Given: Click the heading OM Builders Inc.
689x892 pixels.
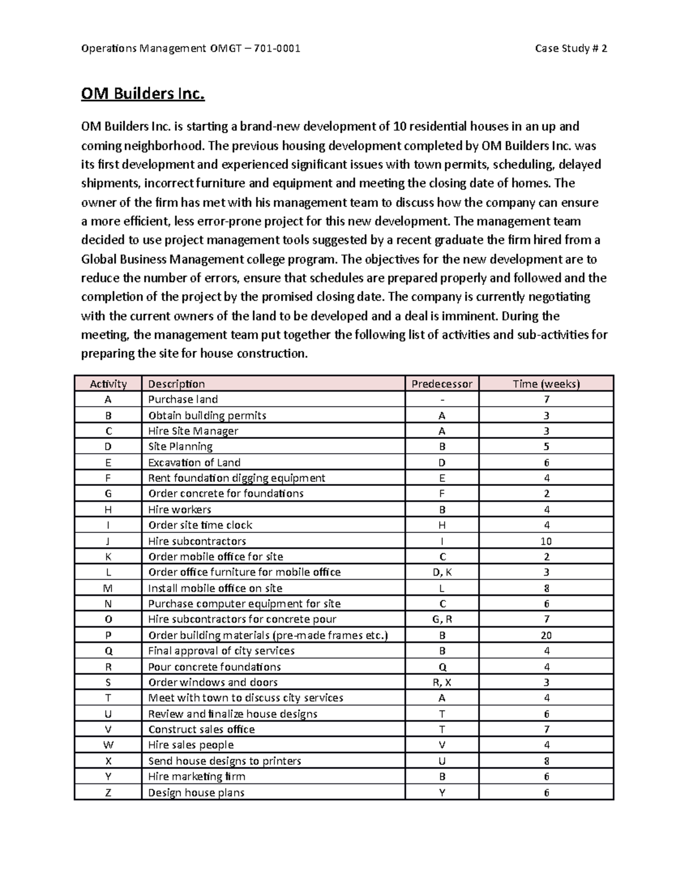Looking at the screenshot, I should pos(142,94).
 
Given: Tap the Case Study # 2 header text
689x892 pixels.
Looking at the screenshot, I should pos(571,48).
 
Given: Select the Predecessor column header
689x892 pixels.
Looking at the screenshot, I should pos(442,384).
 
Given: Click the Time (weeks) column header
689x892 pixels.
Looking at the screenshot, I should pos(546,384).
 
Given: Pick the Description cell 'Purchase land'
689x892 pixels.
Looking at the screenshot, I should pos(183,399).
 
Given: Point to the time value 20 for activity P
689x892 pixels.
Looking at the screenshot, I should pos(546,635).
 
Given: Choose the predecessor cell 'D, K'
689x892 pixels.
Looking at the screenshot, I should pos(442,572).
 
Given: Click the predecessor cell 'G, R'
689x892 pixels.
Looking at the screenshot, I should pos(442,619).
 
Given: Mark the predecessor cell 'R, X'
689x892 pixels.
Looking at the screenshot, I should pos(442,682).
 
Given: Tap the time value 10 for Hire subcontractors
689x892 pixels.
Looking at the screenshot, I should pos(546,541).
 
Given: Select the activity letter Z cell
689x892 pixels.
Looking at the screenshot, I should pos(108,793).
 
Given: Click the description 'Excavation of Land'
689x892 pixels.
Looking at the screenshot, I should pos(194,462).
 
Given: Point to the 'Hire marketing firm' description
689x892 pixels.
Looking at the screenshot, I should pos(196,777).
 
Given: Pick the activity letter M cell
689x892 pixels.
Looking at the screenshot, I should pos(108,588).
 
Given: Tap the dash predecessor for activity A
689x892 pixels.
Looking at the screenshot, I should pos(442,399).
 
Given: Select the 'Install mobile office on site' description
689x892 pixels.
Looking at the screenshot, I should pos(215,588).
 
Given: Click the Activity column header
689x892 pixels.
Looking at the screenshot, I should pos(108,384).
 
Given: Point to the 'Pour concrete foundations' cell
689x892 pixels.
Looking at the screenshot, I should pos(214,667).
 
